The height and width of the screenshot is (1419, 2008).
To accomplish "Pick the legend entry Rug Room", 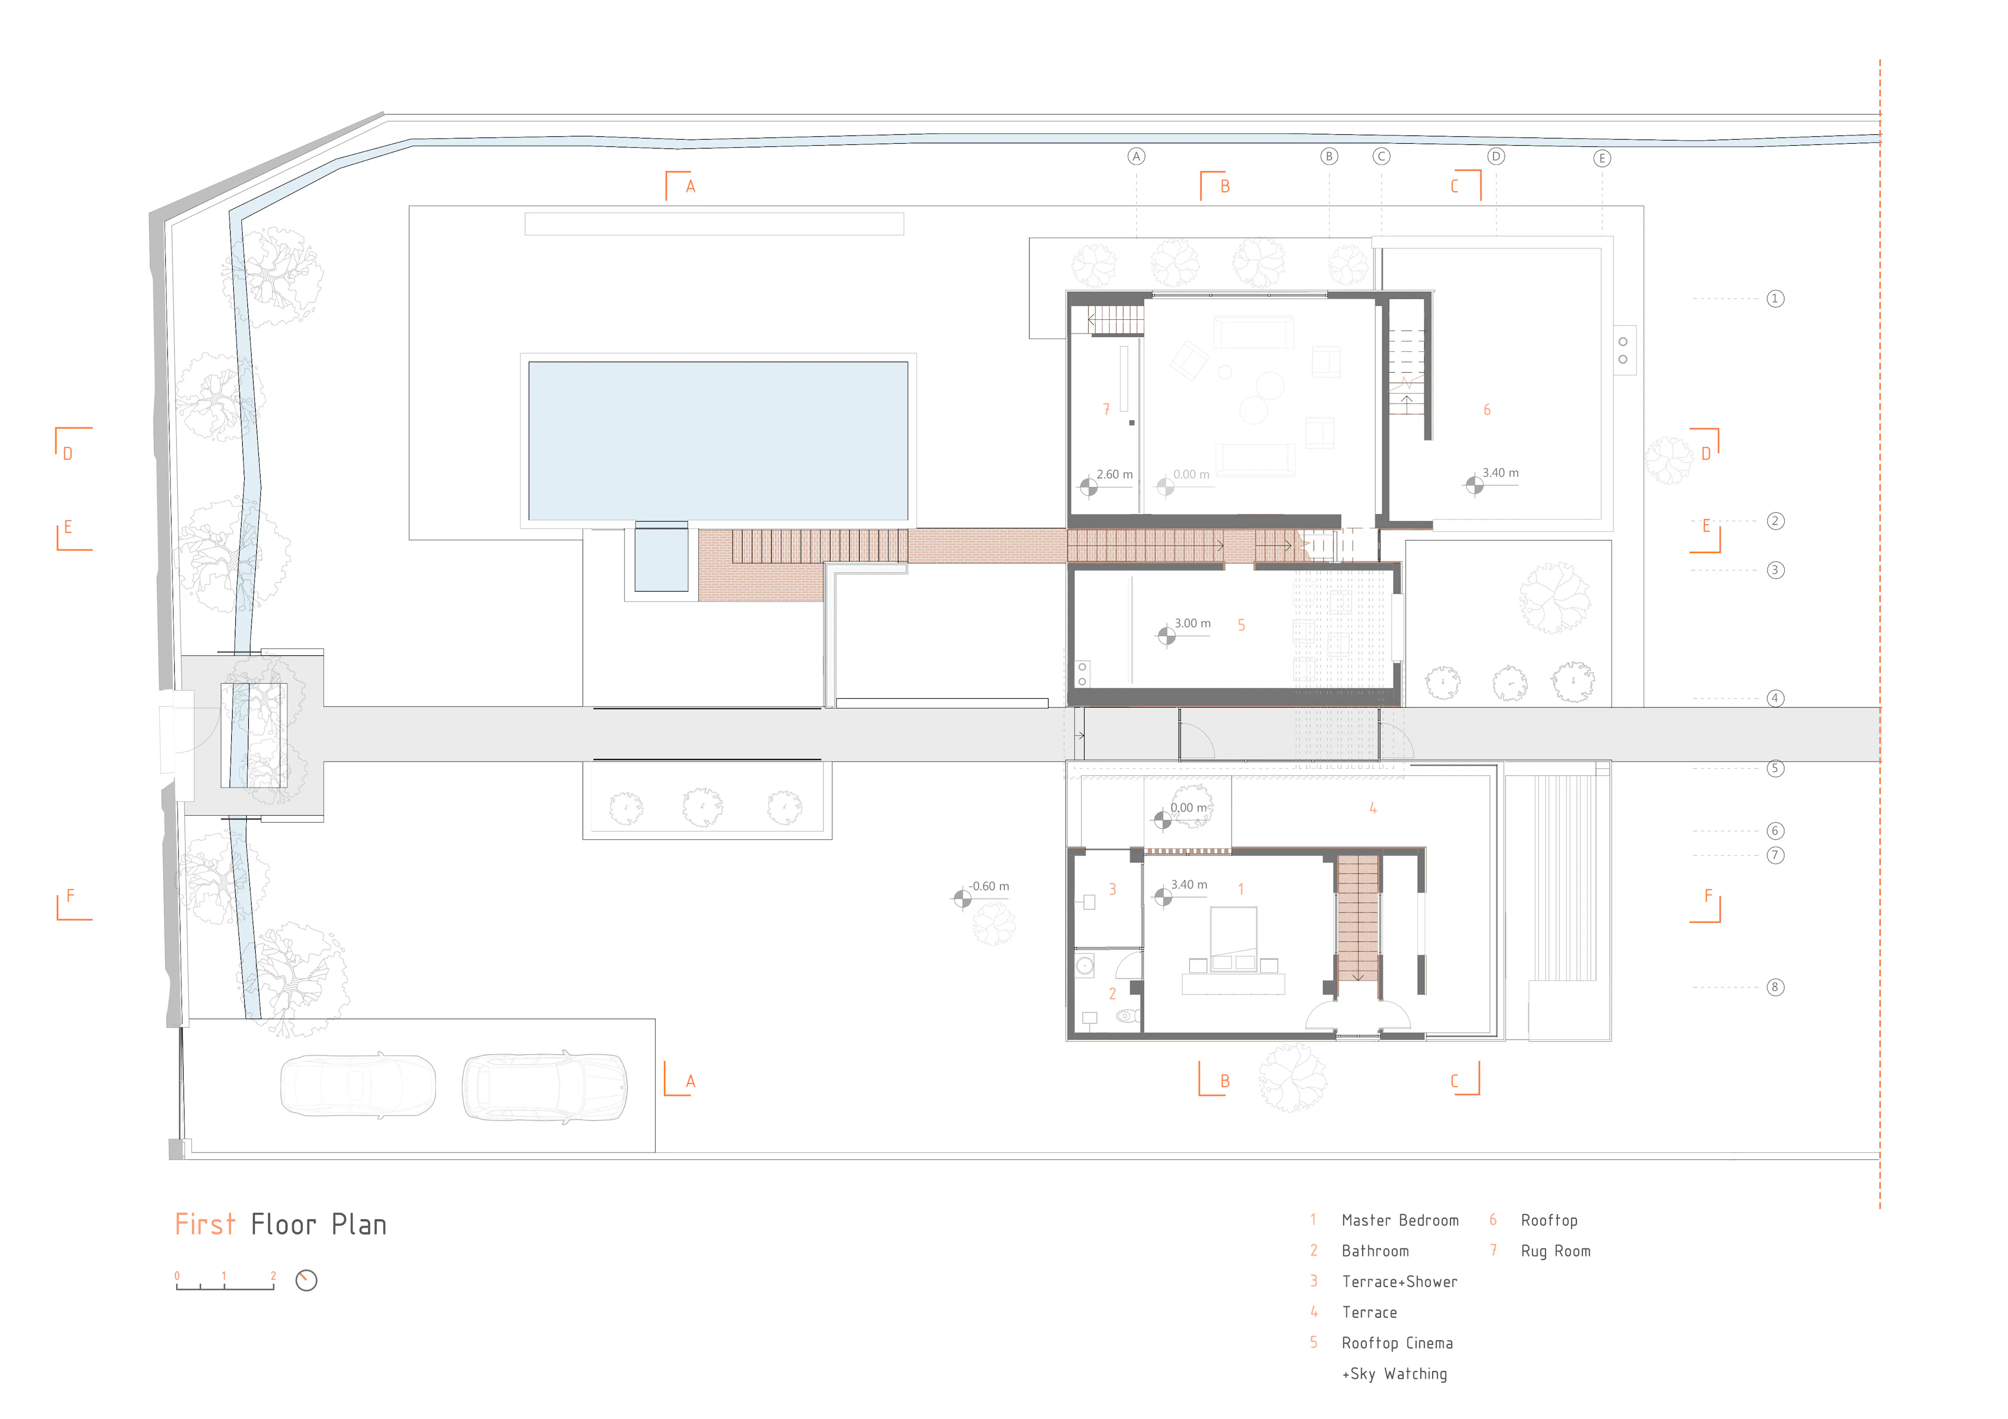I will tap(1555, 1251).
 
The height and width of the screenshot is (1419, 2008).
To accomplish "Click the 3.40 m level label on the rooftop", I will tap(1500, 473).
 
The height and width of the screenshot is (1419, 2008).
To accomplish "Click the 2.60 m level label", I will tap(1114, 475).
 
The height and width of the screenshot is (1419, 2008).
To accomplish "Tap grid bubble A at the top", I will tap(1136, 156).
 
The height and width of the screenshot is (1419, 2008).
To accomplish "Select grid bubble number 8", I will tap(1774, 987).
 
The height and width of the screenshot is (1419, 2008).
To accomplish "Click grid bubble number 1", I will tap(1774, 299).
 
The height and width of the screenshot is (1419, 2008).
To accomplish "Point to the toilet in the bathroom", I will tap(1126, 1016).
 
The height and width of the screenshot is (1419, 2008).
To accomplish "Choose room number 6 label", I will tap(1487, 410).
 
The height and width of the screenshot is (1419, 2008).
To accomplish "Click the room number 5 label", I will tap(1241, 625).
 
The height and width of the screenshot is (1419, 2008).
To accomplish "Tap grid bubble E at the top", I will tap(1602, 158).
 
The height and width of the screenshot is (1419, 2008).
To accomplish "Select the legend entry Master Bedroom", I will tap(1399, 1220).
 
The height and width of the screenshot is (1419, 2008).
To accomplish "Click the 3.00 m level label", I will tap(1192, 624).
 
